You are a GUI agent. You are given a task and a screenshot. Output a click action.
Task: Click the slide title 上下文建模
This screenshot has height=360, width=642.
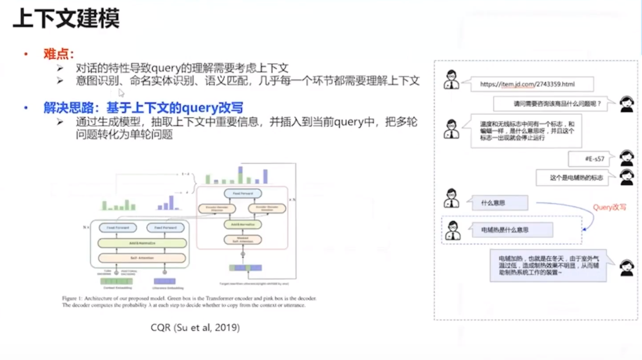pos(65,19)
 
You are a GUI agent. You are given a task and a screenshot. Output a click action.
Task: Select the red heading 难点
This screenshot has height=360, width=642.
pos(59,54)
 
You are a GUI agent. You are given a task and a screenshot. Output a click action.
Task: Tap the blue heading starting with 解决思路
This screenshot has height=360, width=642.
pos(143,108)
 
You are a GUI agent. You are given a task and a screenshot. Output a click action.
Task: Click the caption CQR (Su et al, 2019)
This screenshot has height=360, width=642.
pos(195,328)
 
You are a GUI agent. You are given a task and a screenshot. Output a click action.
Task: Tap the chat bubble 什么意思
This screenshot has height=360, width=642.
pos(499,203)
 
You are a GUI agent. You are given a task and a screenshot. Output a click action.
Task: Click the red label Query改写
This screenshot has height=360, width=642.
pos(609,207)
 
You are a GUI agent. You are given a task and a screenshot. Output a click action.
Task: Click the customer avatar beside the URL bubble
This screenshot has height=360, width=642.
pos(451,79)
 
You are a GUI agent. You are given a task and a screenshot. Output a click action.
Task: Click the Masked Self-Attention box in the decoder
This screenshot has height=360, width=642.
pos(243,240)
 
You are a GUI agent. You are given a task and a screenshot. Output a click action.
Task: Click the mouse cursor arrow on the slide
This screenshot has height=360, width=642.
pos(121,93)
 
